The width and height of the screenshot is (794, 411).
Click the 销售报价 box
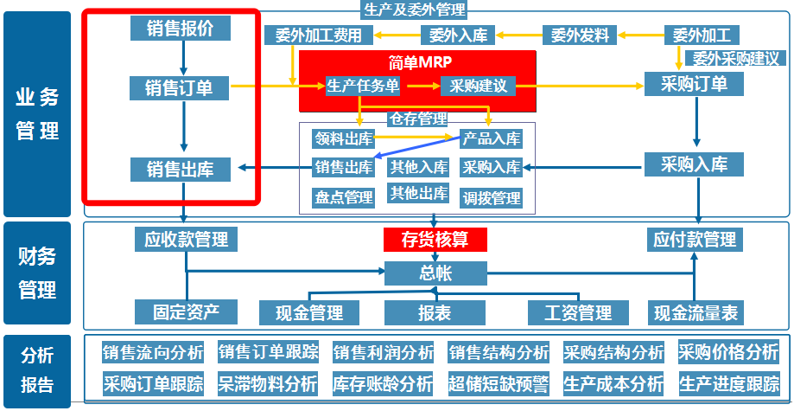pyautogui.click(x=181, y=28)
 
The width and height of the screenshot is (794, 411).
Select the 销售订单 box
pyautogui.click(x=181, y=87)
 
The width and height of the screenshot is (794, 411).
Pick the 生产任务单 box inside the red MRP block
pyautogui.click(x=363, y=87)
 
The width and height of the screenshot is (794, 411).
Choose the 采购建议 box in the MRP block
pyautogui.click(x=479, y=87)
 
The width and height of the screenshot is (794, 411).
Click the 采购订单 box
pyautogui.click(x=693, y=84)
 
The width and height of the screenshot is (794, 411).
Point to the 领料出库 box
pyautogui.click(x=343, y=138)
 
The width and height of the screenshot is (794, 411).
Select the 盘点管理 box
pyautogui.click(x=343, y=197)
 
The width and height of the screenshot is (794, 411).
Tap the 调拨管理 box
pyautogui.click(x=492, y=198)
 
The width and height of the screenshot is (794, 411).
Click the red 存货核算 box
pyautogui.click(x=435, y=240)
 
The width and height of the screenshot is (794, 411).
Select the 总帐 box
pyautogui.click(x=435, y=273)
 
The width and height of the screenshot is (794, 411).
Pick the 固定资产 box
pyautogui.click(x=186, y=311)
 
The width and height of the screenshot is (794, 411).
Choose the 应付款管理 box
pyautogui.click(x=695, y=240)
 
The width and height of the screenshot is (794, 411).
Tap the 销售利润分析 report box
pyautogui.click(x=384, y=352)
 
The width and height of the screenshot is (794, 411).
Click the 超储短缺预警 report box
pyautogui.click(x=499, y=383)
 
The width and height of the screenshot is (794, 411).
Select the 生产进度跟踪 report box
pyautogui.click(x=729, y=383)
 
